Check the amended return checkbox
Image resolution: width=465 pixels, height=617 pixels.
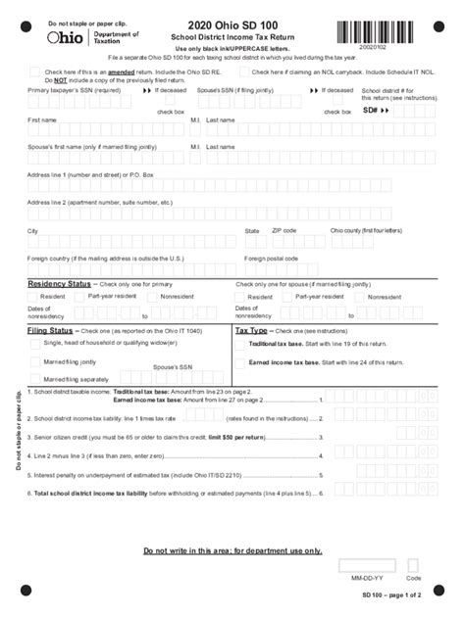click(x=35, y=72)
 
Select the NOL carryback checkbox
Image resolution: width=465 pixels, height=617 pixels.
click(x=242, y=72)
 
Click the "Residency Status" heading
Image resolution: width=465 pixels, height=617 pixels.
click(x=59, y=283)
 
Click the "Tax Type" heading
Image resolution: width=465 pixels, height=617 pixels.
click(x=253, y=331)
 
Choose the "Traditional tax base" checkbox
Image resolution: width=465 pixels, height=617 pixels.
click(x=240, y=345)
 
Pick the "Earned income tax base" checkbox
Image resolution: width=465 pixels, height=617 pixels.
click(x=240, y=362)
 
